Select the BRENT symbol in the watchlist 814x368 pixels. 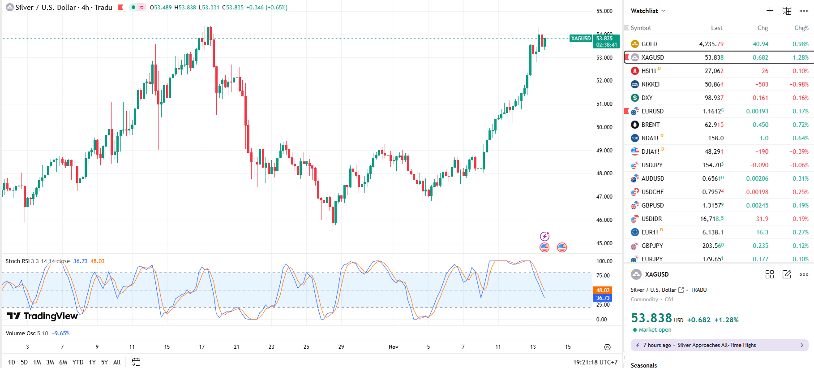pos(650,125)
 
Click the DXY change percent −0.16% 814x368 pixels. pos(799,98)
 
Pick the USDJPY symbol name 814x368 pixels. pos(651,165)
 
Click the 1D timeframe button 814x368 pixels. pos(12,362)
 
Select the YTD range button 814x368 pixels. pos(78,362)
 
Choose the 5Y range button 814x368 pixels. pos(104,362)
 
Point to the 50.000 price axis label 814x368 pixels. pos(604,127)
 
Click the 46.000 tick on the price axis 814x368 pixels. pos(604,220)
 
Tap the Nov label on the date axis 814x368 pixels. pos(393,347)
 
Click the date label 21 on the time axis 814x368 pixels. pos(236,347)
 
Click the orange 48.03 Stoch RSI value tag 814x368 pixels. pos(603,290)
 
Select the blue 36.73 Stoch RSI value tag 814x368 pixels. pos(603,298)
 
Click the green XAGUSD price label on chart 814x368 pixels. pos(581,39)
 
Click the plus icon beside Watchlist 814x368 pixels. pos(770,11)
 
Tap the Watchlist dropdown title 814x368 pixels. pos(647,11)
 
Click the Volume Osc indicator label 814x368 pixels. pos(21,333)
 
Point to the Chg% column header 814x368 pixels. pos(801,28)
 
